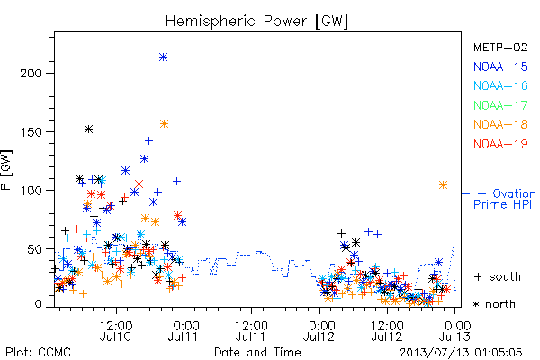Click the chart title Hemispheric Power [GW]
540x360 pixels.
pos(256,22)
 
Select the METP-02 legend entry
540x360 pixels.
pos(500,47)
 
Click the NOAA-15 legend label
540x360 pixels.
pos(500,67)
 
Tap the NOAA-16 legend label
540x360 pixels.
pos(500,85)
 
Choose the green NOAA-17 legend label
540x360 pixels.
pos(500,105)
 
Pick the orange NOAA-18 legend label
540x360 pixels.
pos(500,124)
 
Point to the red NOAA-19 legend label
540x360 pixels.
pos(500,144)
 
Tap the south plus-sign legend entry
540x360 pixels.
pos(498,276)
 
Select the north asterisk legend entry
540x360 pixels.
pos(494,304)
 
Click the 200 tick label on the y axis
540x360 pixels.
pos(31,74)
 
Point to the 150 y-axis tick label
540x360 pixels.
pos(31,132)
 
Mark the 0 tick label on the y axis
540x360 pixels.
pos(38,304)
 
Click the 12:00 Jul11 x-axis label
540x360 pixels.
pos(251,331)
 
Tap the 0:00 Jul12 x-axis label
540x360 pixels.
pos(319,331)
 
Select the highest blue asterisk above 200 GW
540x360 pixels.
pos(164,58)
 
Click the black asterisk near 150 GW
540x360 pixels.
pos(88,130)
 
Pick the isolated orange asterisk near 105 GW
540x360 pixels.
pos(443,185)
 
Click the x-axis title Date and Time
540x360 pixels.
pos(257,352)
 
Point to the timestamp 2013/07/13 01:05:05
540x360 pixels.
pos(461,353)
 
